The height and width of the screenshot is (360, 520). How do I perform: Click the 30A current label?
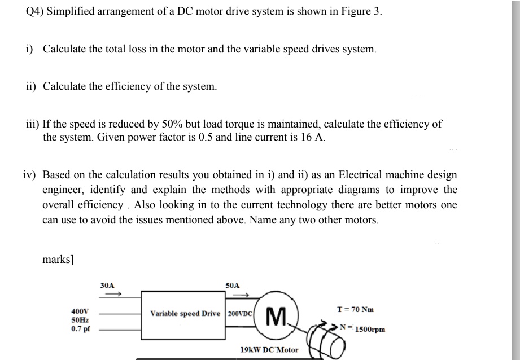(107, 286)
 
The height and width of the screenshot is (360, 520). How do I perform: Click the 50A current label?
(232, 286)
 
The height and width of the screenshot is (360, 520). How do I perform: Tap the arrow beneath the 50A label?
(241, 294)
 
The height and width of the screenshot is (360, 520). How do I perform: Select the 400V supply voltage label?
(79, 311)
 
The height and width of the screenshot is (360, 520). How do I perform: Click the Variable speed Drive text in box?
(185, 313)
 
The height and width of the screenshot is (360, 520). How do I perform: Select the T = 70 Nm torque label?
(355, 310)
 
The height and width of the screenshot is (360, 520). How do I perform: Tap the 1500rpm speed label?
(370, 329)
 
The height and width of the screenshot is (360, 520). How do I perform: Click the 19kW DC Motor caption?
(269, 350)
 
